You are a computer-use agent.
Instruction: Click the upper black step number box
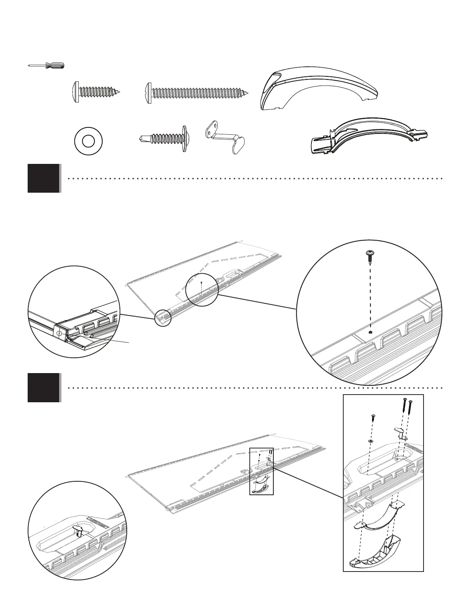[x=43, y=178]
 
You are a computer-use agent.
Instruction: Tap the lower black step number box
[x=43, y=387]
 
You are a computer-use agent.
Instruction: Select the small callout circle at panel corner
[x=163, y=318]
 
